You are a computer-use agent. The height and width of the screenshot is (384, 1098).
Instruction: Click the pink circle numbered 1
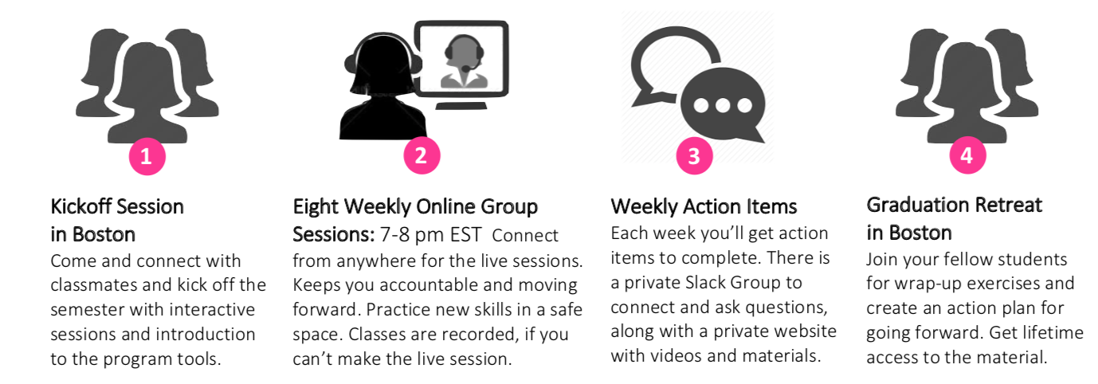pyautogui.click(x=147, y=157)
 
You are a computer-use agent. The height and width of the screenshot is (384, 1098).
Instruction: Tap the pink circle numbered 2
pyautogui.click(x=422, y=156)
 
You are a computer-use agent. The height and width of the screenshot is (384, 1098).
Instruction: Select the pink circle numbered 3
pyautogui.click(x=694, y=156)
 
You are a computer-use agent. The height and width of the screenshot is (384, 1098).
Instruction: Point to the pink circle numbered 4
pyautogui.click(x=967, y=155)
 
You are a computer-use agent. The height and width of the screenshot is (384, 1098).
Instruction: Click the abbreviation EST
pyautogui.click(x=465, y=235)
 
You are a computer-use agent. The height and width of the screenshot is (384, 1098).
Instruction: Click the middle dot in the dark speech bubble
pyautogui.click(x=723, y=105)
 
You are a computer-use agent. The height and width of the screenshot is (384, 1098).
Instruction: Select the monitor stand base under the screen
pyautogui.click(x=461, y=106)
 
